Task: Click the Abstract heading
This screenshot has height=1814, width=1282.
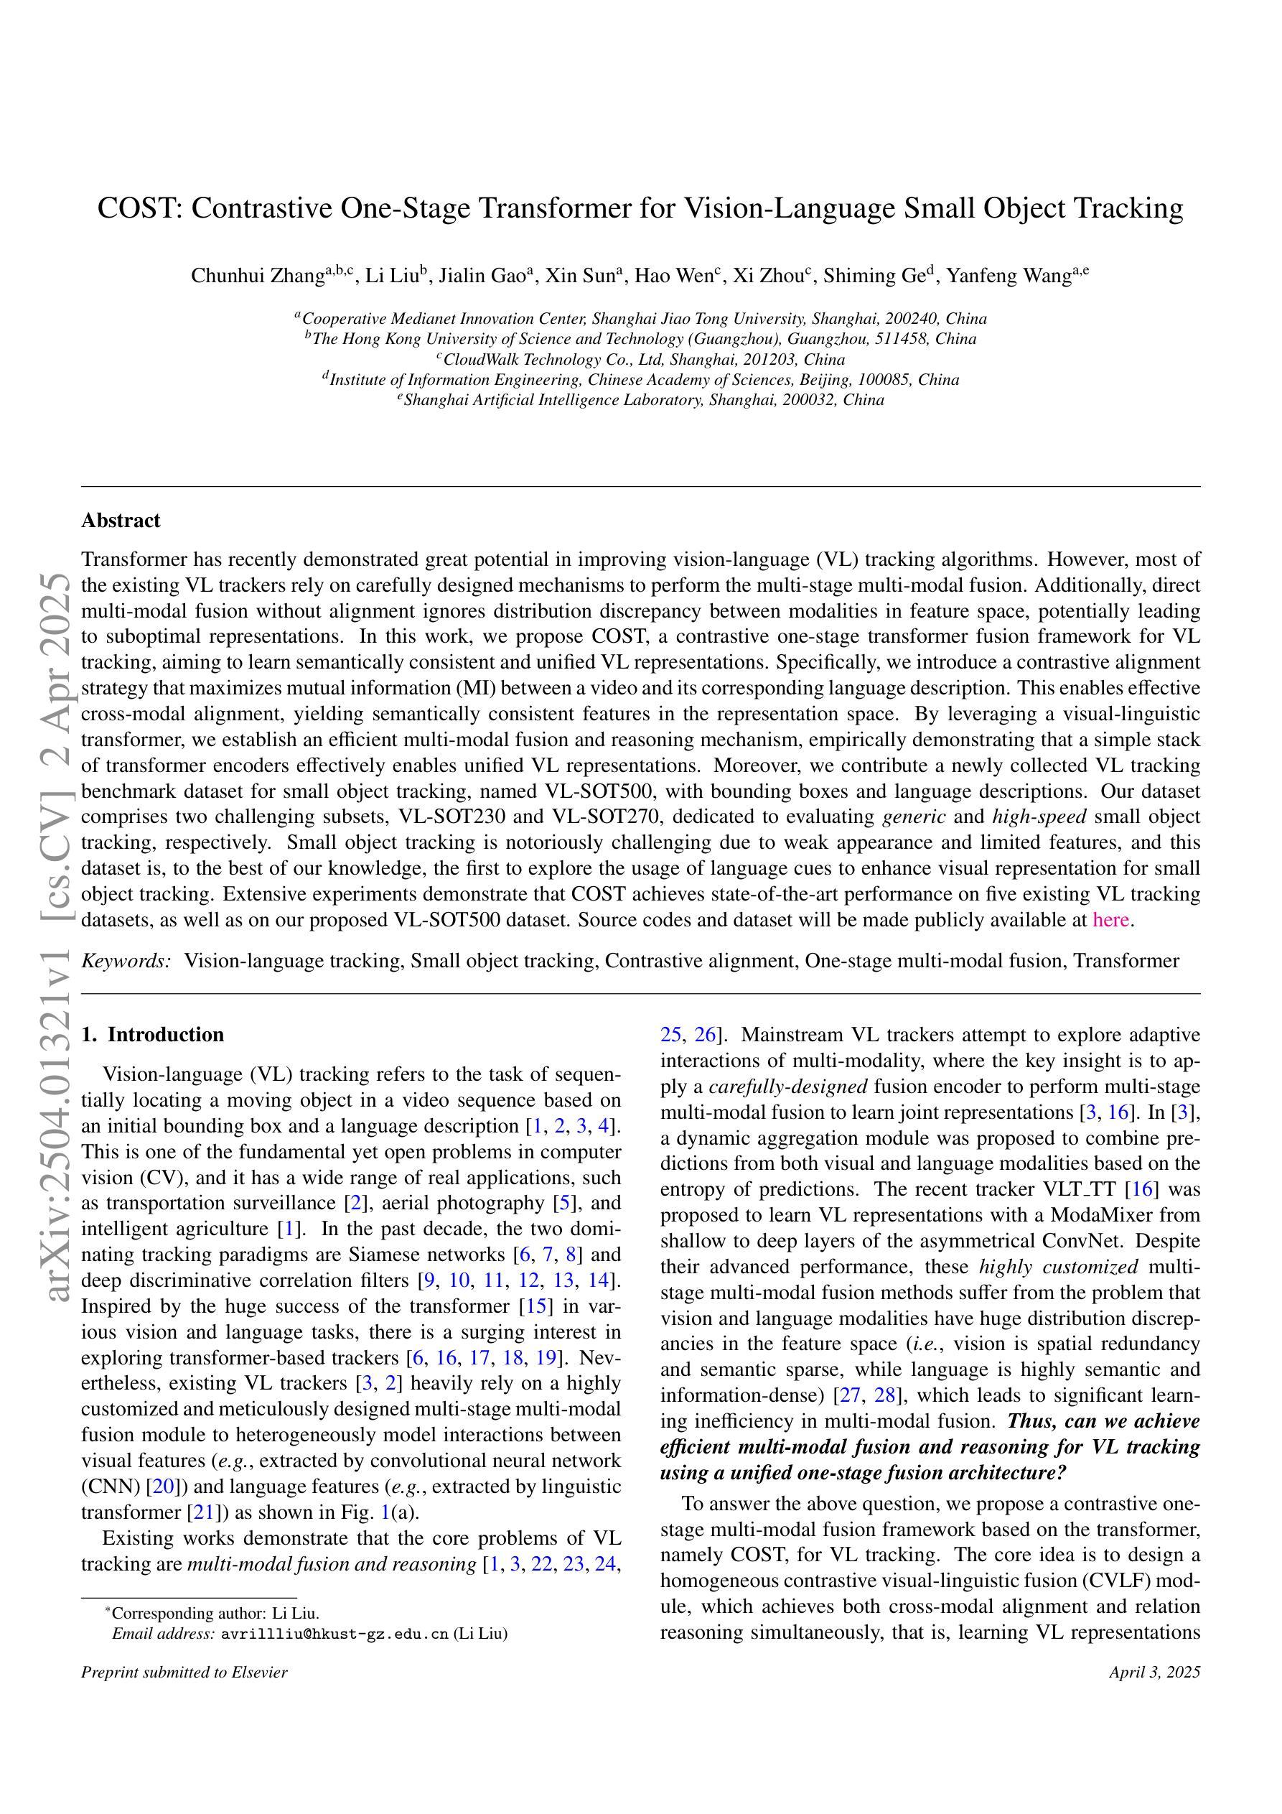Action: [121, 520]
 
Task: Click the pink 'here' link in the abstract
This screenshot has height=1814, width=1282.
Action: [1110, 920]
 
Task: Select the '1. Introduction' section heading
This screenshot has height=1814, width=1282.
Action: [152, 1035]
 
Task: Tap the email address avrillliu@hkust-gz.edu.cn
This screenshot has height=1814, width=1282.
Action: [335, 1634]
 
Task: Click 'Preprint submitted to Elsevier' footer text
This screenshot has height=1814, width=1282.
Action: [184, 1694]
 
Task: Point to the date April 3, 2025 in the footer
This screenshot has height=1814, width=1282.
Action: [1154, 1694]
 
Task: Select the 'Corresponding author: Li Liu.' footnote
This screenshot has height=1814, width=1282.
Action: [215, 1614]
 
